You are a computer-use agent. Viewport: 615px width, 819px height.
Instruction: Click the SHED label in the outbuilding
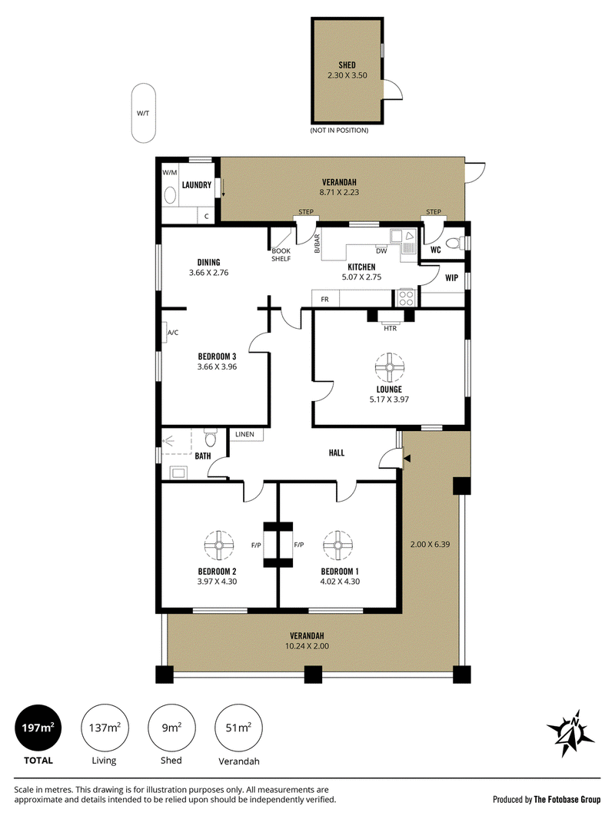tap(347, 65)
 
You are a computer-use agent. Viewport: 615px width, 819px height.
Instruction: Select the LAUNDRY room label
tap(197, 185)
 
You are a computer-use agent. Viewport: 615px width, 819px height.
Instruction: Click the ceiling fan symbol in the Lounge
tap(389, 367)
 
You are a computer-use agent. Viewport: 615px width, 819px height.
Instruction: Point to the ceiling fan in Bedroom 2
tap(218, 545)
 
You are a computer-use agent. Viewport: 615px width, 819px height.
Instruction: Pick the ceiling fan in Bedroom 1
tap(337, 545)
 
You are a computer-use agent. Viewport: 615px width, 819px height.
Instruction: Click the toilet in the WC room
tap(457, 242)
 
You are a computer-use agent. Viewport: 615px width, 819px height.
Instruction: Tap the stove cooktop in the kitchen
tap(407, 297)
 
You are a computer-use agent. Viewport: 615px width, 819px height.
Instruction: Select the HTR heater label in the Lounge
tap(391, 328)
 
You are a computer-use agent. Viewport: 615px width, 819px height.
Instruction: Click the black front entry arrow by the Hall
tap(407, 458)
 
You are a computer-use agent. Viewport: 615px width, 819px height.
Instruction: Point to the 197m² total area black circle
tap(38, 728)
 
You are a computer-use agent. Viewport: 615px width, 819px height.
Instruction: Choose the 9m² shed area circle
tap(171, 728)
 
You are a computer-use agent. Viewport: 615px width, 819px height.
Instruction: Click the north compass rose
tap(570, 734)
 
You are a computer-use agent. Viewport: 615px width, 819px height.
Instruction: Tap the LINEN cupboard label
tap(244, 434)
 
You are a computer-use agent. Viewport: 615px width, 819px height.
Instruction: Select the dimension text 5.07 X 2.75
tap(361, 277)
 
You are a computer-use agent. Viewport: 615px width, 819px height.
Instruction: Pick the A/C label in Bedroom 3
tap(173, 332)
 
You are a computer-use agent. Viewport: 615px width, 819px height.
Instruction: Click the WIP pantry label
tap(451, 278)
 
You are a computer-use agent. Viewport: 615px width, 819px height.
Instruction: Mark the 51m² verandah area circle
tap(239, 728)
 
